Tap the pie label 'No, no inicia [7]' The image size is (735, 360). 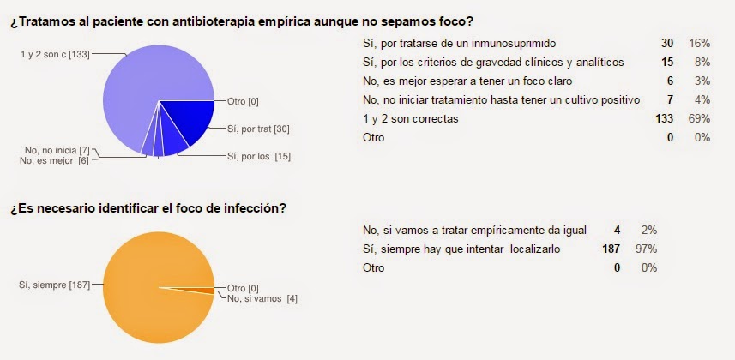(56, 151)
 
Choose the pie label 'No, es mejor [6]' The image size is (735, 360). (56, 160)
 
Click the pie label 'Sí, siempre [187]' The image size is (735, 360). (56, 283)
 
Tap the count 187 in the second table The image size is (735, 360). (612, 249)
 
